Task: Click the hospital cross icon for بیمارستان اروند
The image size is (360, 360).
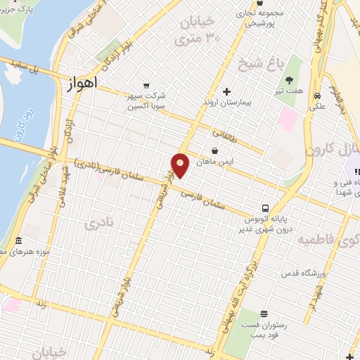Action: [226, 91]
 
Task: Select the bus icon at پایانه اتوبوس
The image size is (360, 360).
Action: [265, 208]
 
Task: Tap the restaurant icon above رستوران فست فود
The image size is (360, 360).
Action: [264, 314]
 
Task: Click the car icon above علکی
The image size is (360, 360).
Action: [318, 95]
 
